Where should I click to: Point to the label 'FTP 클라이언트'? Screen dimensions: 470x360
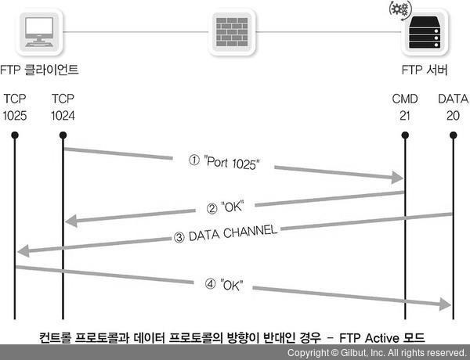tap(42, 70)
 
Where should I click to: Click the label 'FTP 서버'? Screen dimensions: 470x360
tap(421, 70)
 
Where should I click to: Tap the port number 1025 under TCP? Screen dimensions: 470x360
tap(15, 116)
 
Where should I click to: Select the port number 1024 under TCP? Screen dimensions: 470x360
tap(62, 116)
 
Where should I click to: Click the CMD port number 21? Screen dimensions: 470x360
tap(405, 116)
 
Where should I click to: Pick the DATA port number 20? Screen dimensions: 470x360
tap(453, 116)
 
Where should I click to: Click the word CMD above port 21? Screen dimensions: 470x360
tap(405, 100)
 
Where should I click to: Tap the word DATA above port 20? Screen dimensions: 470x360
tap(453, 100)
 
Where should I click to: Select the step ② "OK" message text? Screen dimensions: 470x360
tap(233, 207)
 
